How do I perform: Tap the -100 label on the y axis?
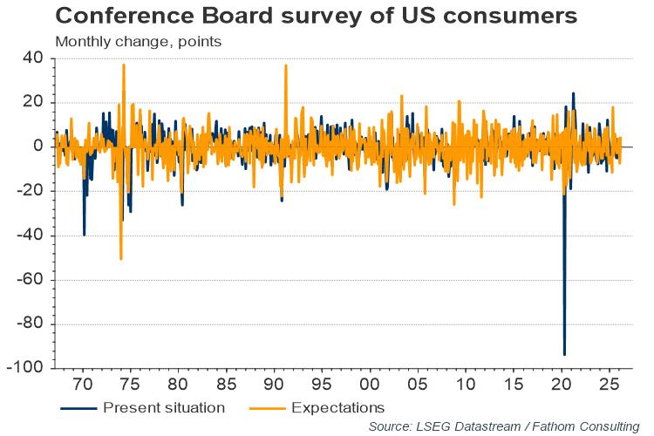25,368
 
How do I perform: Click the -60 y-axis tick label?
29,280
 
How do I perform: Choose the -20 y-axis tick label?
29,191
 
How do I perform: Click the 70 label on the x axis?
83,384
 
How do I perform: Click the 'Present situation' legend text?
163,407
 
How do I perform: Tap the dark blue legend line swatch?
78,407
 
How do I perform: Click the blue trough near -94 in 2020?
564,354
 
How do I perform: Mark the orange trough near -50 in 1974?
120,259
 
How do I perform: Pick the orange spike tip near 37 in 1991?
285,65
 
